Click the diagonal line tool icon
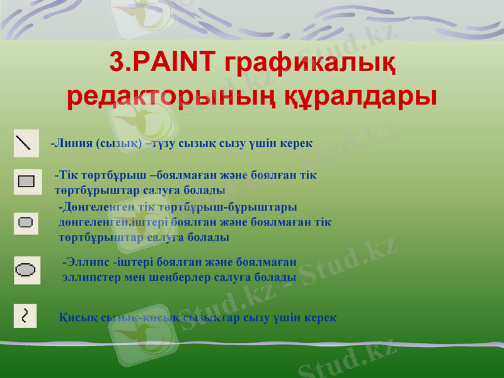[25, 144]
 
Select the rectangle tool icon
[26, 181]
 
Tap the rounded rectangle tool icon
[26, 222]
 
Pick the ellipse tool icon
[26, 270]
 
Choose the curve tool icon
[25, 315]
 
